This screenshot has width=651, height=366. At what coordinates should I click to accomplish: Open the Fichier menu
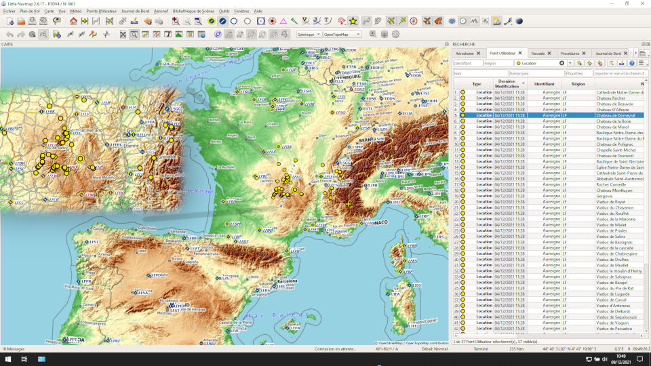pyautogui.click(x=9, y=12)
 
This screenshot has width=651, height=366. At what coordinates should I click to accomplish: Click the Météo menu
pyautogui.click(x=75, y=12)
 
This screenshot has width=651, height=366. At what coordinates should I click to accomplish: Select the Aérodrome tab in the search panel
pyautogui.click(x=465, y=53)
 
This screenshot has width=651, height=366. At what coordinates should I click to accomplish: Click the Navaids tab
pyautogui.click(x=538, y=53)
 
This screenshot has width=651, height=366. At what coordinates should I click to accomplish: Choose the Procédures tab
pyautogui.click(x=570, y=53)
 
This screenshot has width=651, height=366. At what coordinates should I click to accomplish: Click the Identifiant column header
pyautogui.click(x=544, y=83)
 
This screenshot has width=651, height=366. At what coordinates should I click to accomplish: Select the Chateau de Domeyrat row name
pyautogui.click(x=617, y=115)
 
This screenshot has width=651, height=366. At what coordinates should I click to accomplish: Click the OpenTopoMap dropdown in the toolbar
pyautogui.click(x=342, y=34)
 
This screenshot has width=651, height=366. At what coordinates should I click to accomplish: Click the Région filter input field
pyautogui.click(x=498, y=63)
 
